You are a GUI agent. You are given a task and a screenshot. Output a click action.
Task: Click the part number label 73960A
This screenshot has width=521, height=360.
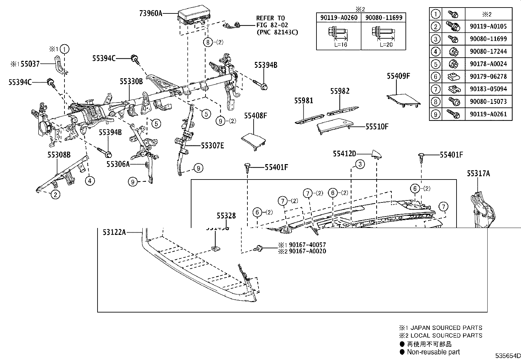point(151,13)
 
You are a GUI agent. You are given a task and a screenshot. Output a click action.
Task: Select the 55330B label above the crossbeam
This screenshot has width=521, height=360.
point(131,82)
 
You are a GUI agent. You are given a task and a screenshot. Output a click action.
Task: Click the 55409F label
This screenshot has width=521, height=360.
point(398,76)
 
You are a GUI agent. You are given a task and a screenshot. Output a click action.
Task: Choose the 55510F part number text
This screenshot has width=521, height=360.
point(377,126)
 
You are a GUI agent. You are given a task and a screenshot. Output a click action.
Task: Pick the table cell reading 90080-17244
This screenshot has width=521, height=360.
point(488,51)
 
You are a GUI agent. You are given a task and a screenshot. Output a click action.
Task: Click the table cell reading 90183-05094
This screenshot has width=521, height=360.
point(488,89)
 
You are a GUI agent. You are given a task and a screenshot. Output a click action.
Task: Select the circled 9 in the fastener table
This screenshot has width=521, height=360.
point(435,114)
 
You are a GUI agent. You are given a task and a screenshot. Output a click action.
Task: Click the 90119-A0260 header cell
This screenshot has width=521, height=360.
point(339,18)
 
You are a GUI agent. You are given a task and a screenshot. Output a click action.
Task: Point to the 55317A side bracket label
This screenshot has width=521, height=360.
point(478,174)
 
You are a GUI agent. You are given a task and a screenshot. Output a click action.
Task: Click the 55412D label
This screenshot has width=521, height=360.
point(344,154)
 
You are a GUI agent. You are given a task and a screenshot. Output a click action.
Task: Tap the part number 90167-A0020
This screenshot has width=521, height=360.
point(307,251)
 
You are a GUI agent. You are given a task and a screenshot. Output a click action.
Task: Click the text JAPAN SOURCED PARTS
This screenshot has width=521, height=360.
point(444,328)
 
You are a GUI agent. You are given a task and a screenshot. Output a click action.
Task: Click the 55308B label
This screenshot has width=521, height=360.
point(59,154)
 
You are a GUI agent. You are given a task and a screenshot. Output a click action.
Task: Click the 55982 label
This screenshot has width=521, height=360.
point(339,91)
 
